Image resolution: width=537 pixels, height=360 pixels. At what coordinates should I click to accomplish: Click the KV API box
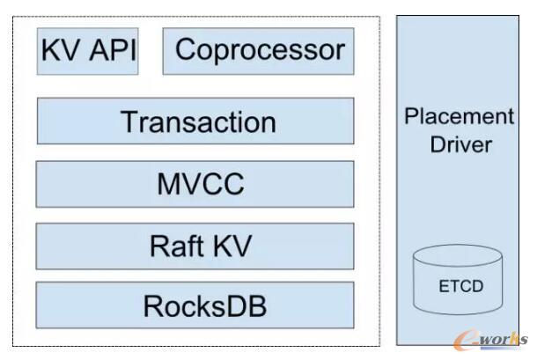[x=88, y=51]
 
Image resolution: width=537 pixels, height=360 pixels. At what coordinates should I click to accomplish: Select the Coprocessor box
[x=258, y=51]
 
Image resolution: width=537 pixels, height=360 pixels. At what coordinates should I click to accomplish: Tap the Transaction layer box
[x=195, y=121]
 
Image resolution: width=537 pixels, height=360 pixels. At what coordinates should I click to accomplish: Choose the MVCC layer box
[x=195, y=184]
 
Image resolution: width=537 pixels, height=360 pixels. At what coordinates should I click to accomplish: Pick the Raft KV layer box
[x=195, y=246]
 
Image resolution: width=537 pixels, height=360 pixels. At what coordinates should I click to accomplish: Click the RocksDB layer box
[x=195, y=306]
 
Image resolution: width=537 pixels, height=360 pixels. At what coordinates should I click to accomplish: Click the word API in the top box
[x=111, y=51]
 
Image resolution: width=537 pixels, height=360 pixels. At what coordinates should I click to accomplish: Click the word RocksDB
[x=204, y=307]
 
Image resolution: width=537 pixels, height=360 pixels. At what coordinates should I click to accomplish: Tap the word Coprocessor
[x=260, y=50]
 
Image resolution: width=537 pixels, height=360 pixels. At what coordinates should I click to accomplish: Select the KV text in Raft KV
[x=228, y=246]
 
